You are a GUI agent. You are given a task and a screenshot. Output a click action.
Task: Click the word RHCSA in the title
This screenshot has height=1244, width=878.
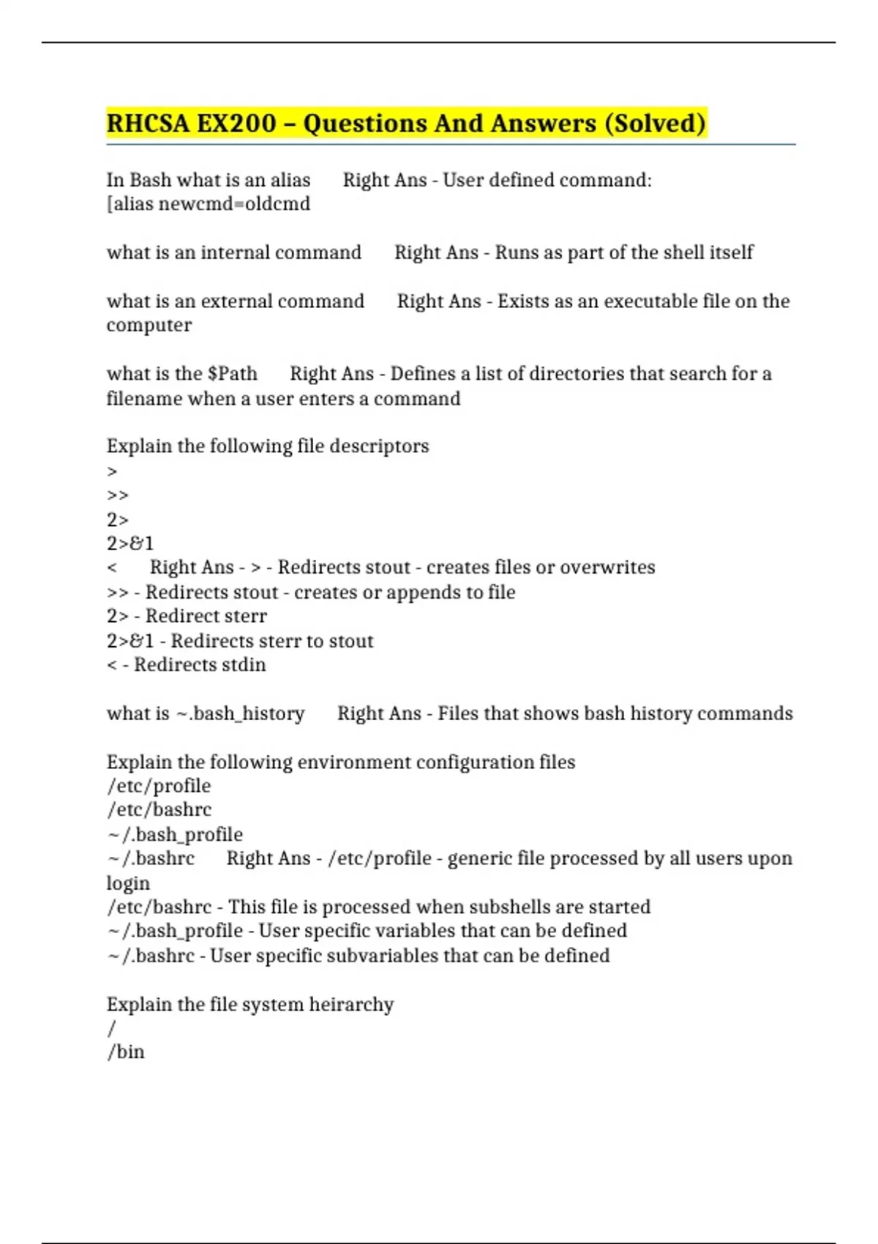(147, 123)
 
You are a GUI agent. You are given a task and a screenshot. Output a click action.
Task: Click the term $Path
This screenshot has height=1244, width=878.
(232, 374)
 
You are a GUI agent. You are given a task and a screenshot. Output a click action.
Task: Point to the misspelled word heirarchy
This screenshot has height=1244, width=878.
(351, 1005)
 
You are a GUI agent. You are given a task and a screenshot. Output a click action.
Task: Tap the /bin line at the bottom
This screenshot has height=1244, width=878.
(126, 1052)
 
